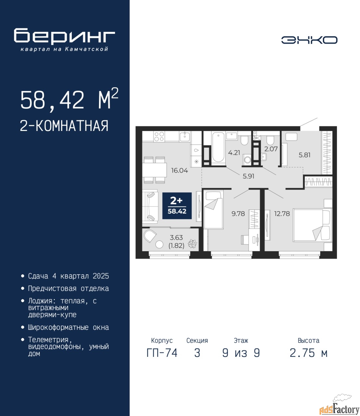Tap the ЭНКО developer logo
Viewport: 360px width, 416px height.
click(309, 40)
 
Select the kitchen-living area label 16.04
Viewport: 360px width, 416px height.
click(180, 171)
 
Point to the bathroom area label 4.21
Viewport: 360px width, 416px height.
click(234, 152)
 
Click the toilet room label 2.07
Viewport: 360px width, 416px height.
click(271, 149)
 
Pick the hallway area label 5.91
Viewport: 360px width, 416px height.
click(248, 176)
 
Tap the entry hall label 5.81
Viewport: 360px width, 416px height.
click(304, 155)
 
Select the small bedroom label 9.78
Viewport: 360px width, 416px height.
click(238, 214)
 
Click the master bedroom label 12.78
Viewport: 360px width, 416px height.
click(282, 214)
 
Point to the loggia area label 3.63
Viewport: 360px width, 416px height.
click(176, 238)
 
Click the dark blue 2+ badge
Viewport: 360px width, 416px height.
click(177, 206)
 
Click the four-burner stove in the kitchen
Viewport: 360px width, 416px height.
click(159, 136)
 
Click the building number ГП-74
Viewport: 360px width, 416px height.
click(162, 353)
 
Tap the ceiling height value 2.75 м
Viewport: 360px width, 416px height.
click(308, 353)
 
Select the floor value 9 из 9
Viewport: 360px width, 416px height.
click(241, 353)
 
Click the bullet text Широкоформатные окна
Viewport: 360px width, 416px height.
click(68, 328)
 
